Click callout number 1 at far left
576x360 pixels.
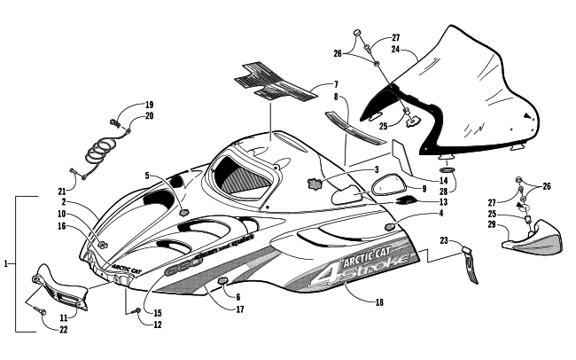pos(7,263)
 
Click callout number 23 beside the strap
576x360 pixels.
pos(444,240)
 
